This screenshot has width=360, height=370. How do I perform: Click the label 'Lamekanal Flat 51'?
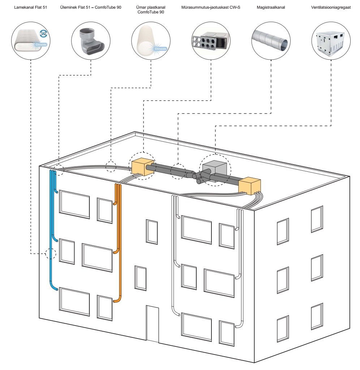[30, 7]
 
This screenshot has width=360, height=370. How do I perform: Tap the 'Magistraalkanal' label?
[271, 7]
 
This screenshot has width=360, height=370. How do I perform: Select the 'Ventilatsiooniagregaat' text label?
[331, 7]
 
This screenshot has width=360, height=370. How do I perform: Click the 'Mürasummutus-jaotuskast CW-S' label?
[211, 7]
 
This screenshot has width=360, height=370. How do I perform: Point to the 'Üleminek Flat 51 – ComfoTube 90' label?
[91, 7]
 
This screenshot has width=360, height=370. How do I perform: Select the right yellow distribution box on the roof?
[250, 186]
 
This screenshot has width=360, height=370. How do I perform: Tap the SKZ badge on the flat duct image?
[43, 33]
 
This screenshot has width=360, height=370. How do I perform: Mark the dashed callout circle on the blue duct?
[51, 254]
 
